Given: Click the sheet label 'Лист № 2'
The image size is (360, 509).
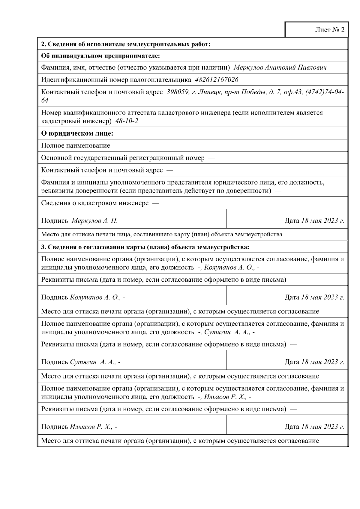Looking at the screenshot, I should (x=329, y=30).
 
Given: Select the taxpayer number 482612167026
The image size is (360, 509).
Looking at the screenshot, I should (x=217, y=80).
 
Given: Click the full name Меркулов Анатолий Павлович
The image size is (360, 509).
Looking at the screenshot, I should (x=280, y=67).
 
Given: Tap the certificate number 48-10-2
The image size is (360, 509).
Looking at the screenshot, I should (x=127, y=121).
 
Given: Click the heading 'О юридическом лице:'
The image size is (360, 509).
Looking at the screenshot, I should (x=77, y=133).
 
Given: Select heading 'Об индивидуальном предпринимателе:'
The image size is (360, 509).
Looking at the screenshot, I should (x=100, y=56).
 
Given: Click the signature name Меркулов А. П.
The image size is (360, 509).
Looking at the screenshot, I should (x=95, y=221).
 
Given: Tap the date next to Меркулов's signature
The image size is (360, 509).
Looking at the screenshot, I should (x=322, y=221).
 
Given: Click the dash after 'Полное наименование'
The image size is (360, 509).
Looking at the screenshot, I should (x=117, y=146).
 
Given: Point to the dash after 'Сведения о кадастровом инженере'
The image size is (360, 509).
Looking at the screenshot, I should (x=155, y=203).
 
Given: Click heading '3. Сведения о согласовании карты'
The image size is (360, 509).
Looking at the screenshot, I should (x=145, y=247).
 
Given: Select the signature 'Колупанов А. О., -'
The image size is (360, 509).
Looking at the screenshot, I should (x=97, y=298).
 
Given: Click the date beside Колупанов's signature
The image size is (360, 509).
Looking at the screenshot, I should (x=322, y=298).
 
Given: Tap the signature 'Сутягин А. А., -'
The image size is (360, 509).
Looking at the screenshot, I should (x=95, y=362).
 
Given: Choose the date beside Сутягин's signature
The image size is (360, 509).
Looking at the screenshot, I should (x=322, y=362).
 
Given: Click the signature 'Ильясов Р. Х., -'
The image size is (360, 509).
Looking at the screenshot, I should (x=93, y=427).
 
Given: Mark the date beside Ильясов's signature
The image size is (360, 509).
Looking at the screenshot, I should (x=322, y=427).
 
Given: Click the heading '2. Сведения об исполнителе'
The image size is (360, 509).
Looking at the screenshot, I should (x=126, y=44).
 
